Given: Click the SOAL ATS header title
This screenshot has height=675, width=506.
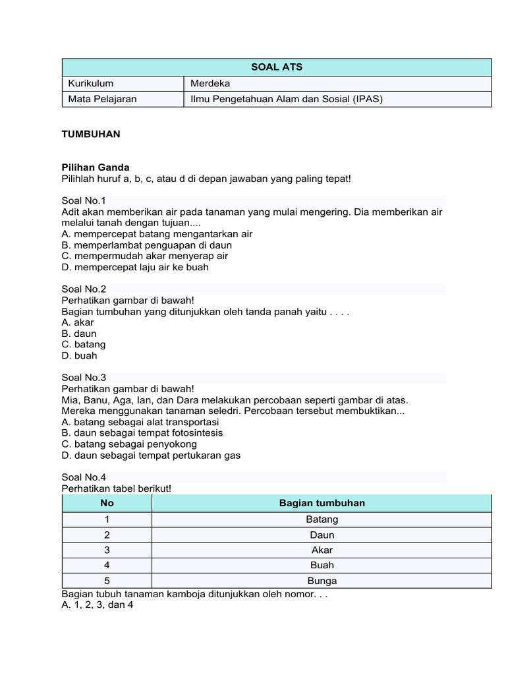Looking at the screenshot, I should (277, 67).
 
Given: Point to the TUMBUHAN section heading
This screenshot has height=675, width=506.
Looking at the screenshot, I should (91, 134).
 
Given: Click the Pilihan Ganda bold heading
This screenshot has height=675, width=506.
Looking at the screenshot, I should (96, 168).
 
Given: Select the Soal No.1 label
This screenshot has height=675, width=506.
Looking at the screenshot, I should (84, 200).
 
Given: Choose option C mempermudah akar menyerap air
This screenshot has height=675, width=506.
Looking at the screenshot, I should (145, 256).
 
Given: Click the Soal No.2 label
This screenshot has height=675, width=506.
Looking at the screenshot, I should (84, 289).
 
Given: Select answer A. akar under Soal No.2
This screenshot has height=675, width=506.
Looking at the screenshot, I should (78, 322).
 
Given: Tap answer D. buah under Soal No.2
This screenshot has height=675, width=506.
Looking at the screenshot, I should (79, 356).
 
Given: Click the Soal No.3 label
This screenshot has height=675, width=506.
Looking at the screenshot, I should (84, 378).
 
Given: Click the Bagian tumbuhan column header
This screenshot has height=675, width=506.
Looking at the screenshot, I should (322, 504).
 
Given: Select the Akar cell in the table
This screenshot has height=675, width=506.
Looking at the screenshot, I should (322, 550).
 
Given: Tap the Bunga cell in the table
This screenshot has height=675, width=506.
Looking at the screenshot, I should (322, 581).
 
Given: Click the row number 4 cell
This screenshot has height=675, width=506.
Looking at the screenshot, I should (107, 565).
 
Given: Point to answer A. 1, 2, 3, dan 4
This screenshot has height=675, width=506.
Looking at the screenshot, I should (98, 605).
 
